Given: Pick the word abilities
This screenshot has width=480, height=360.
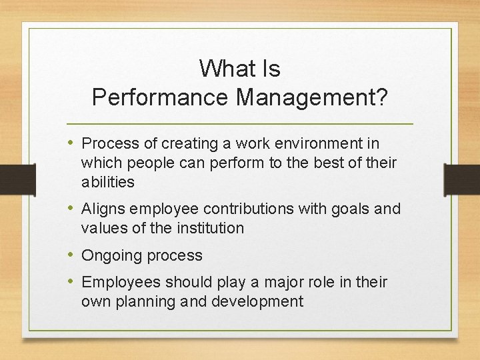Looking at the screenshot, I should coord(107,182).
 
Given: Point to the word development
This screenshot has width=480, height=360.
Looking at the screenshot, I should coord(257,301).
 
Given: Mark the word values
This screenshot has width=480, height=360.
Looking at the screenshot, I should coord(102,228).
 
